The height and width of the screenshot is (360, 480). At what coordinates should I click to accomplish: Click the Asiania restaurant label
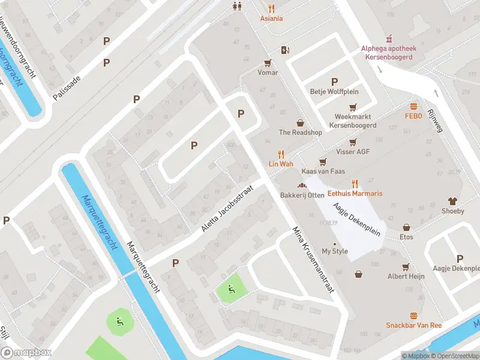tap(271, 19)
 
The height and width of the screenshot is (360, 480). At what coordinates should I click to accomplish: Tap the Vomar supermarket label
tap(268, 73)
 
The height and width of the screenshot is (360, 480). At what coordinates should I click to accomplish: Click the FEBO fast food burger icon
tap(414, 106)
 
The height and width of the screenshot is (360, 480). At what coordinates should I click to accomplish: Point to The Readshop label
tap(301, 133)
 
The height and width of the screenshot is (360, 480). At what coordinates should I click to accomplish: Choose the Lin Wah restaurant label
tap(280, 163)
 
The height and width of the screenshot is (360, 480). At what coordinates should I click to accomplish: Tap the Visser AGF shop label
tap(353, 152)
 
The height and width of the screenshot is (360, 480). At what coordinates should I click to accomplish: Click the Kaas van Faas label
tap(323, 171)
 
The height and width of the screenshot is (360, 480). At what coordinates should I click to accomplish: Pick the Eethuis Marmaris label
tap(355, 193)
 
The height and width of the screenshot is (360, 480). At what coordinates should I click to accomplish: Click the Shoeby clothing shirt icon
tap(453, 202)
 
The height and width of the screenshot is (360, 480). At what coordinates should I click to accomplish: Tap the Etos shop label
tap(407, 237)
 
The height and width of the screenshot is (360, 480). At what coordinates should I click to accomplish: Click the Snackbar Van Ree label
tap(413, 325)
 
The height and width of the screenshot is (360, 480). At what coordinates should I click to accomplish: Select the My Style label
tap(335, 251)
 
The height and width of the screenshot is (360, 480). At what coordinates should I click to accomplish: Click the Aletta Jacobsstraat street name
tap(227, 209)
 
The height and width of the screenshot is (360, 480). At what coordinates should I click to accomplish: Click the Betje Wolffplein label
tap(334, 92)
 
